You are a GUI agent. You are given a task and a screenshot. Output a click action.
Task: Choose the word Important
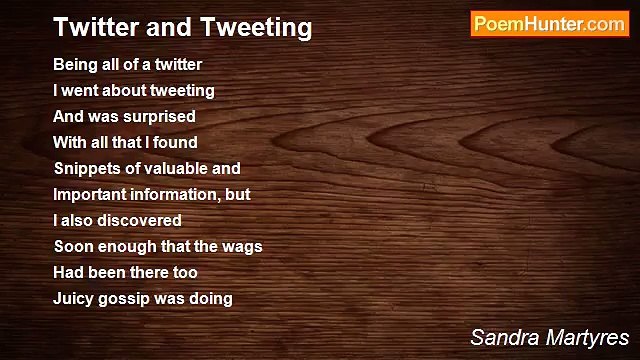90,195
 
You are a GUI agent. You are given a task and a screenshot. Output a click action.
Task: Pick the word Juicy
74,298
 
